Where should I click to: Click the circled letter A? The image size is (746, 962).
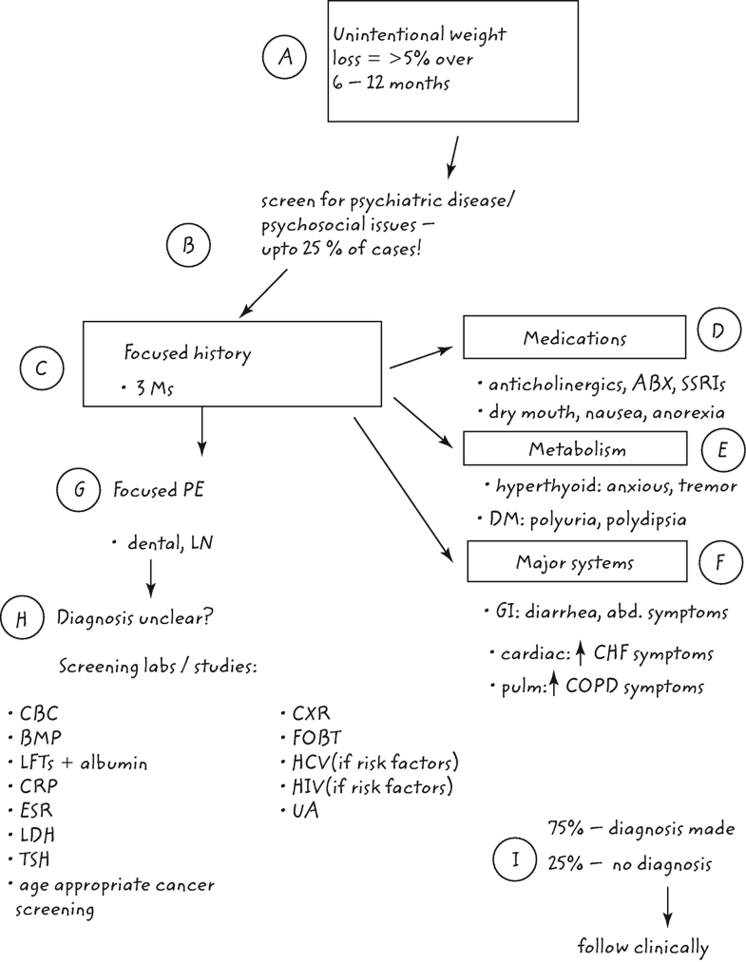point(284,58)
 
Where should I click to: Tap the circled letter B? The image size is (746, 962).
point(188,248)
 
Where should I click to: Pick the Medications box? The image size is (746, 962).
point(574,337)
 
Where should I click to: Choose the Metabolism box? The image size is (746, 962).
point(574,448)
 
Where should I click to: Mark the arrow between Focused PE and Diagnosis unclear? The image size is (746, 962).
point(150,575)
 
